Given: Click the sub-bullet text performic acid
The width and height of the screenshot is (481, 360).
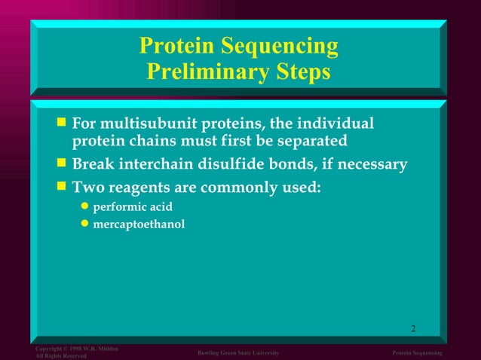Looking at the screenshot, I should (x=125, y=206).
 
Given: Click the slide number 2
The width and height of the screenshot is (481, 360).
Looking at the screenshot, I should (x=413, y=328).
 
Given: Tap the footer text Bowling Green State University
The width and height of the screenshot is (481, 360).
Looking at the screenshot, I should (x=238, y=353).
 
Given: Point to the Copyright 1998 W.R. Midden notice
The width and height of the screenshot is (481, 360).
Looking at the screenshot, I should (x=76, y=349).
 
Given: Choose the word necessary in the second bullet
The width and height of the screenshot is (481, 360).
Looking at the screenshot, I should (x=373, y=163).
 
